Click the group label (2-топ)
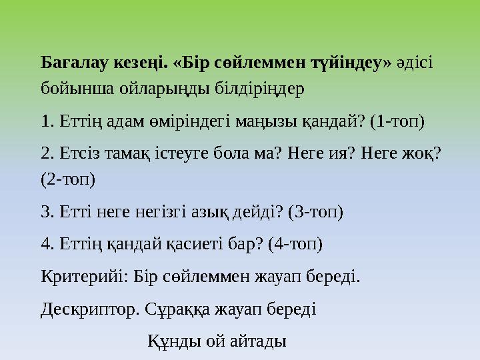[67, 179]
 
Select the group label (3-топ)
[315, 213]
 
